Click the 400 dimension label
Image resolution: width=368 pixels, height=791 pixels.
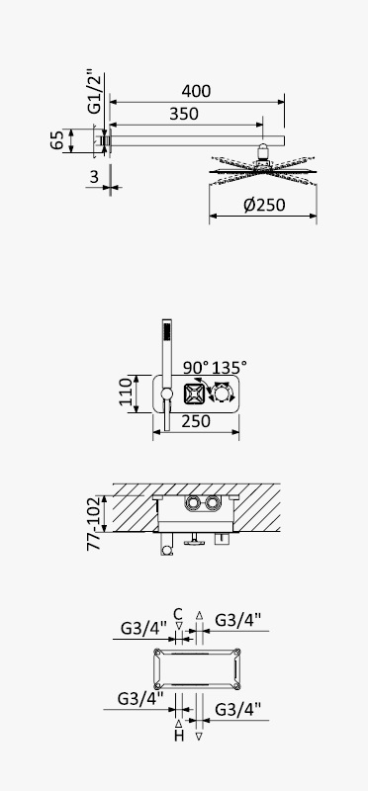197,91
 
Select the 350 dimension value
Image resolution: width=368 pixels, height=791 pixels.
184,114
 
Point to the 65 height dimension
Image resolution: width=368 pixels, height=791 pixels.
56,140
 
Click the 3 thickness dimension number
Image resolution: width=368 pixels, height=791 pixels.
94,177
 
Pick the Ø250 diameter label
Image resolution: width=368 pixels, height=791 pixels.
264,205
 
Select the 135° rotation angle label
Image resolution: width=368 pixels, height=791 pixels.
230,367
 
